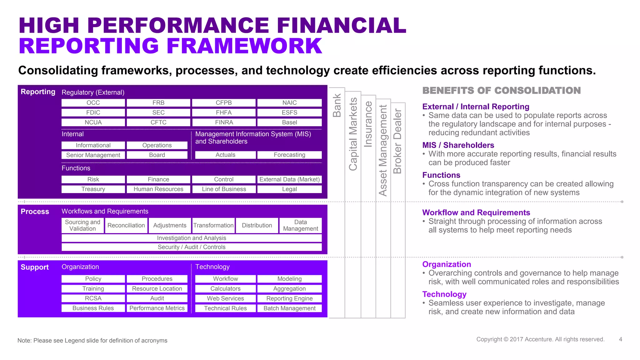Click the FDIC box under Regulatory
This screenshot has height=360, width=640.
(x=93, y=112)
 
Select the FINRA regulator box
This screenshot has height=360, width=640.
(x=224, y=122)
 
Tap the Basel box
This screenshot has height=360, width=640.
(x=289, y=122)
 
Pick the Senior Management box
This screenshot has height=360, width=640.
(x=93, y=155)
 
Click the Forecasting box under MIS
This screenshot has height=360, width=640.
(x=289, y=155)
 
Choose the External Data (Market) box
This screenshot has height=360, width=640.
(x=289, y=179)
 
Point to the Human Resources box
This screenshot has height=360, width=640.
(x=158, y=189)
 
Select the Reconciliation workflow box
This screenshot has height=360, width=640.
(x=126, y=225)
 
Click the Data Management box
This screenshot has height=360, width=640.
(x=300, y=225)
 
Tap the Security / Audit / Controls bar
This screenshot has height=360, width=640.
(x=192, y=247)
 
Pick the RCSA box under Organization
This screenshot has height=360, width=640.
(x=93, y=298)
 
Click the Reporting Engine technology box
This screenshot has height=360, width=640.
(x=289, y=298)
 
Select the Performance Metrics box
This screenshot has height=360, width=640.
(x=157, y=308)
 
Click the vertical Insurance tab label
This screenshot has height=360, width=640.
(x=368, y=124)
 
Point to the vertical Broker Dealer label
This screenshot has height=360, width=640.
(x=397, y=141)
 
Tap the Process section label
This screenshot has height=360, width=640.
(x=35, y=212)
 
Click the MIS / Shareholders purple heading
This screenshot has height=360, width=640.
(x=458, y=145)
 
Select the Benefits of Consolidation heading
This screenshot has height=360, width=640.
(x=501, y=91)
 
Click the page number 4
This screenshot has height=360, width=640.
(x=620, y=339)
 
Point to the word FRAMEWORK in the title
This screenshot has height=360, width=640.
(x=244, y=46)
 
